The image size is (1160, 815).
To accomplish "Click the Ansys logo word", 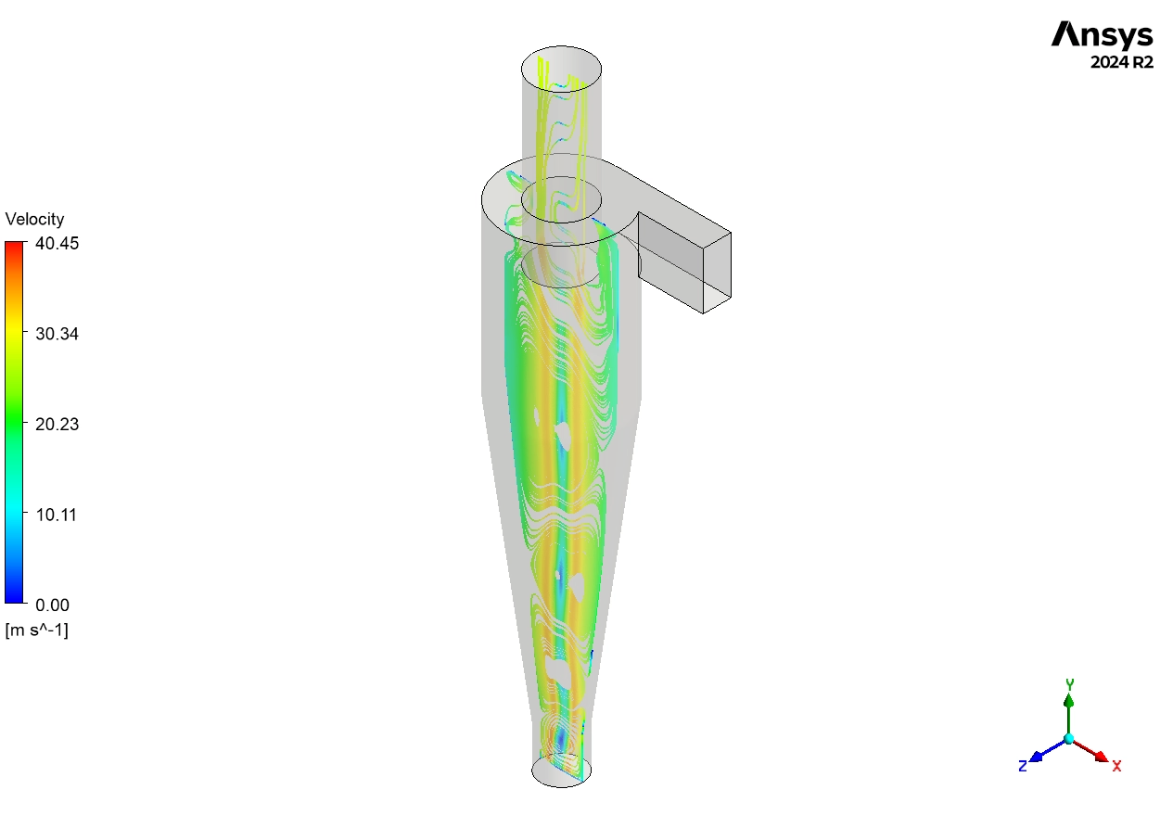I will [x=1102, y=35].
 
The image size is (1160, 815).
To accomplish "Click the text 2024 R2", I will [x=1122, y=63].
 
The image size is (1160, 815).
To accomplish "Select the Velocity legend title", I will [x=34, y=220].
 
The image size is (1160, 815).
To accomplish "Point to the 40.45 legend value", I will [x=57, y=243].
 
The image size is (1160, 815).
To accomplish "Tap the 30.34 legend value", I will [x=57, y=334].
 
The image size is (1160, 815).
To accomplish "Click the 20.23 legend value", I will [x=57, y=425].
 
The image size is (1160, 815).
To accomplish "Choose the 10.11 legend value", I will [x=57, y=515].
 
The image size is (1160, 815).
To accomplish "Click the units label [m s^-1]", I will [x=36, y=630].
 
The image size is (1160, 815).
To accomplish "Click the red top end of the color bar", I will [x=16, y=247].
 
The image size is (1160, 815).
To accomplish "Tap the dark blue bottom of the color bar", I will [x=16, y=598].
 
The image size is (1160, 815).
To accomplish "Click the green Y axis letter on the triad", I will [x=1069, y=684].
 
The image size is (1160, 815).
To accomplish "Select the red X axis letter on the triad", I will [x=1116, y=766].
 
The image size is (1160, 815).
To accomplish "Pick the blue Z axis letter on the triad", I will [x=1022, y=766].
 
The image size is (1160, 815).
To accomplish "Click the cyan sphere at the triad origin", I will [x=1069, y=739].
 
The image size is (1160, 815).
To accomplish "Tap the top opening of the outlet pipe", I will [x=561, y=67].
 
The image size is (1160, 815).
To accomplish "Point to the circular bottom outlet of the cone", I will [x=561, y=770].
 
